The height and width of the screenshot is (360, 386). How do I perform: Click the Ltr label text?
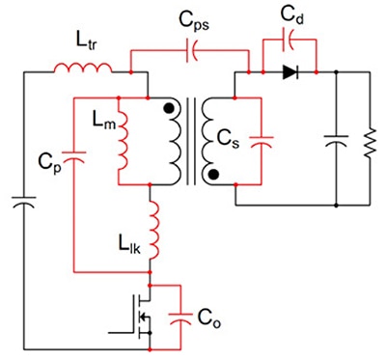[86, 42]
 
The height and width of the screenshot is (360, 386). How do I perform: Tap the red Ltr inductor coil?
[83, 68]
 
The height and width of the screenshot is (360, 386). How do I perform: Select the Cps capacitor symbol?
[192, 50]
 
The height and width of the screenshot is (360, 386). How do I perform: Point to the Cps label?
[194, 22]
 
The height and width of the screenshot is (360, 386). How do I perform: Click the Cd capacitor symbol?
[289, 40]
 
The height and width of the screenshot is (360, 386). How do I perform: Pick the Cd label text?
[291, 14]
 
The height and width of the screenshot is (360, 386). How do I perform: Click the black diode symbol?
[290, 72]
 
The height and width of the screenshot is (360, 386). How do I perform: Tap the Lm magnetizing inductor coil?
[123, 141]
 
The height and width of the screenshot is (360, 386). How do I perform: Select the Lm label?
[103, 120]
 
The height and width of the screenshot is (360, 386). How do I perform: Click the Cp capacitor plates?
[74, 156]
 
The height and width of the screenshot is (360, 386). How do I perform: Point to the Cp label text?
[49, 163]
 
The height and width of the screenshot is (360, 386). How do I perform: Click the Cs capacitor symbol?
[262, 141]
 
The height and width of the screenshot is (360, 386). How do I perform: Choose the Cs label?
[228, 139]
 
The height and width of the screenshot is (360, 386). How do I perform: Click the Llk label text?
[129, 246]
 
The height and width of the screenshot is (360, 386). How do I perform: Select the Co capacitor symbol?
[180, 318]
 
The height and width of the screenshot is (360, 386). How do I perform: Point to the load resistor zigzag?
[370, 143]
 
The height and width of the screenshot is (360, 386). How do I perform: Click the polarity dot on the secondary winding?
[213, 175]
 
